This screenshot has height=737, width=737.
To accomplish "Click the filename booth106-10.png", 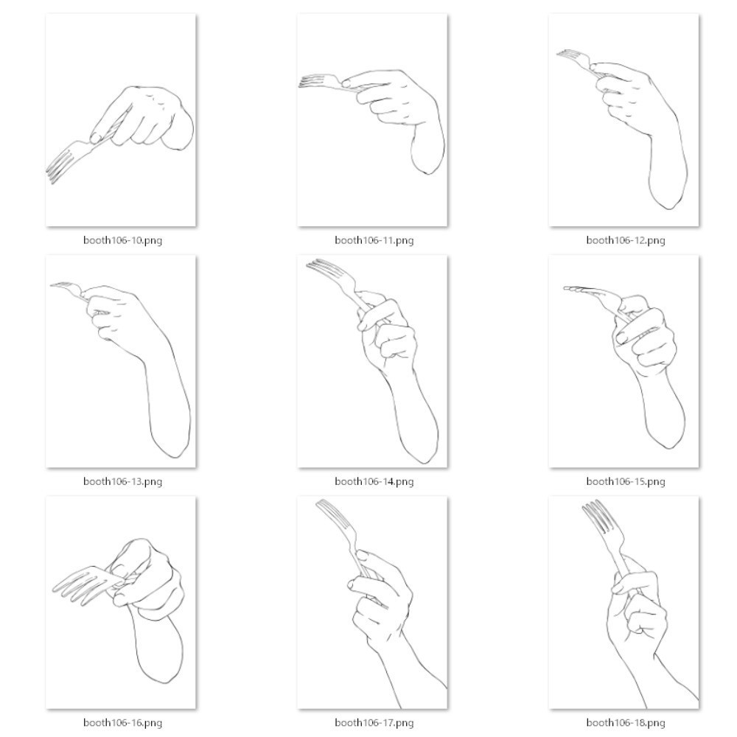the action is (122, 240).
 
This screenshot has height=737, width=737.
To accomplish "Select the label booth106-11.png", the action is (374, 240).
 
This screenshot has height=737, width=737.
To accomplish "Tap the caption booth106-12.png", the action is (626, 240).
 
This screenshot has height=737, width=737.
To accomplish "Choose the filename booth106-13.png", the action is (122, 481).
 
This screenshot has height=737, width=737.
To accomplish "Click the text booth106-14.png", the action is (374, 481).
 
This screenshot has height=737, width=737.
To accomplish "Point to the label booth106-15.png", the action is (626, 481).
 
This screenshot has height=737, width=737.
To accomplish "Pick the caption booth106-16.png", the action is (122, 722).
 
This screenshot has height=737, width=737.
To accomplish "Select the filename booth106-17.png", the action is (374, 722).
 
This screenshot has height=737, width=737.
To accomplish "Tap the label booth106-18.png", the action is (626, 722).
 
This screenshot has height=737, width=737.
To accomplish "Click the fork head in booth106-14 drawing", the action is (329, 272).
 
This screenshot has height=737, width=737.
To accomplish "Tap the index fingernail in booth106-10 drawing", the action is (96, 138).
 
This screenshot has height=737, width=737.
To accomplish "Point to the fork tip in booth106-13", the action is (51, 284).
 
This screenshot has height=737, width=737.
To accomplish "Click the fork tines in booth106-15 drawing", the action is (576, 289).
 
